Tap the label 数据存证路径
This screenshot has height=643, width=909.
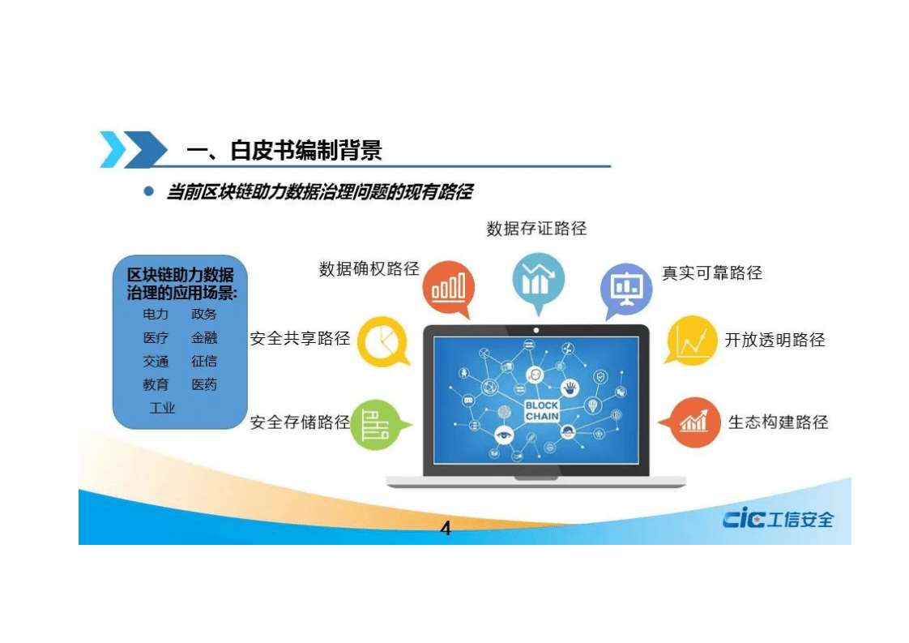coord(536,229)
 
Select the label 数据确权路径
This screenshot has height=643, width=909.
coord(369,269)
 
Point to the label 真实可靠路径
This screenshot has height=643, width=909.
coord(712,273)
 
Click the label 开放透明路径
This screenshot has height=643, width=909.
coord(775,340)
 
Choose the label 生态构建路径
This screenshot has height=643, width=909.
coord(778,422)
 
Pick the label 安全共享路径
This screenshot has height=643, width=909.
coord(300,338)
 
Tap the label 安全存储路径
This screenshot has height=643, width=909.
coord(300,422)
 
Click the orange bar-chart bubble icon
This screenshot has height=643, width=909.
coord(449,288)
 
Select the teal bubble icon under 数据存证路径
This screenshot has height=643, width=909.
coord(537,279)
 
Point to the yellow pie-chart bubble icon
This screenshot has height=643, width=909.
coord(381,341)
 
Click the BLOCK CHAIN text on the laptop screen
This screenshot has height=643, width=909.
coord(541,411)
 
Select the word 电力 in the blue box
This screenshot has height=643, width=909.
coord(156,315)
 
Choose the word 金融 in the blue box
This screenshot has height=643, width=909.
coord(204,338)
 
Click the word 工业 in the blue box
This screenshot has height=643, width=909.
coord(162,408)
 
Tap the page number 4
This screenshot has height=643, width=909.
coord(445,529)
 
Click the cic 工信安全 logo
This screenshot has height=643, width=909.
coord(778,519)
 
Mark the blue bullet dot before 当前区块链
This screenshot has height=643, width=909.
coord(148,192)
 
